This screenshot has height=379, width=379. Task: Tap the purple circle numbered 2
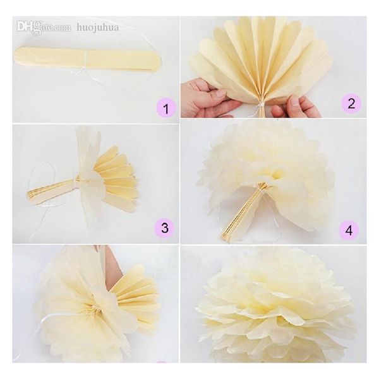click(351, 103)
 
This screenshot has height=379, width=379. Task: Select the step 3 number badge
click(164, 227)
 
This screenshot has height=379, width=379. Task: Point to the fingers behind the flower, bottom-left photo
click(112, 265)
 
